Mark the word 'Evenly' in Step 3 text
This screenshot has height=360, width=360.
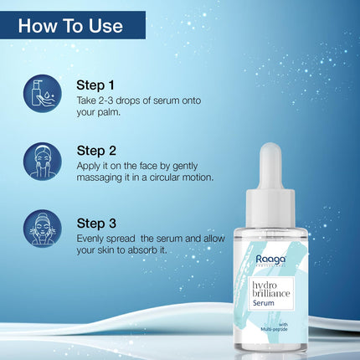click(x=92, y=238)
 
